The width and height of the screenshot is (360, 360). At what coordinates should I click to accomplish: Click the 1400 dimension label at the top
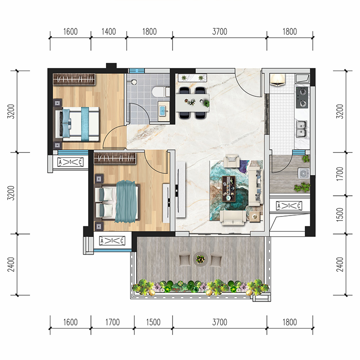[x=108, y=31]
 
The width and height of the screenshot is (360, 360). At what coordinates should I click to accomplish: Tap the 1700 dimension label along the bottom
[x=112, y=322]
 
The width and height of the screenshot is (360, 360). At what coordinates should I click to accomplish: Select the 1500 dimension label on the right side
[x=340, y=215]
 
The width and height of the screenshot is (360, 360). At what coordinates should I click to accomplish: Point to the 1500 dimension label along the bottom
[x=153, y=322]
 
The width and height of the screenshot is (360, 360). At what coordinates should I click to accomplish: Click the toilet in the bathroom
[x=161, y=92]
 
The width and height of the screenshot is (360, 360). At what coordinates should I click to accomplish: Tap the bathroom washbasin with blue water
[x=163, y=111]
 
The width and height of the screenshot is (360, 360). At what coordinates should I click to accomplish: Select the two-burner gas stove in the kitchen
[x=302, y=98]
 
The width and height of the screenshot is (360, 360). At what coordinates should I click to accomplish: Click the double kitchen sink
[x=301, y=129]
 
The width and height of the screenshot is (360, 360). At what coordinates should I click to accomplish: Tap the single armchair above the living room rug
[x=232, y=161]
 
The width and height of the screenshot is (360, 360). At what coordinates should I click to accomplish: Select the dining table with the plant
[x=193, y=103]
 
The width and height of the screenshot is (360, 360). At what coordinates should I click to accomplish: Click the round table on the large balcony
[x=200, y=259]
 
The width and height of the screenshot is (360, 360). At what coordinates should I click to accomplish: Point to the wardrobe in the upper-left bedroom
[x=74, y=80]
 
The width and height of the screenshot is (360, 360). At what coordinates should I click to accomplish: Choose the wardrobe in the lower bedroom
[x=115, y=158]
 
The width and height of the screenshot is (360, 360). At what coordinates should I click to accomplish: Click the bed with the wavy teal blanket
[x=117, y=202]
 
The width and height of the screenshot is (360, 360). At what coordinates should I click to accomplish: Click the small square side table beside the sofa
[x=255, y=216]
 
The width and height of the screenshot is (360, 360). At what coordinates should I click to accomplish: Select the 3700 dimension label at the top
[x=220, y=31]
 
